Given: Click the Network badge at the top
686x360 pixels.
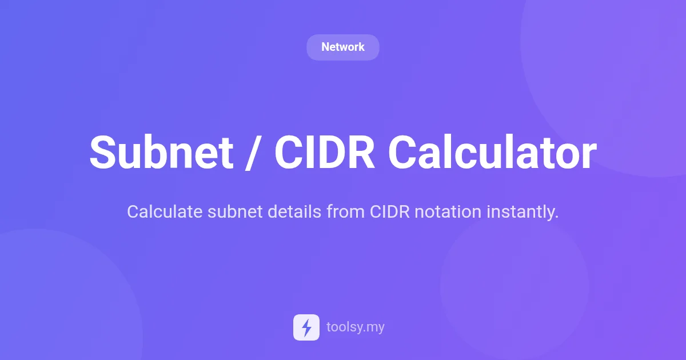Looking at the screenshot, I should click(342, 47).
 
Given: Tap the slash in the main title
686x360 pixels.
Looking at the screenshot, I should click(253, 153).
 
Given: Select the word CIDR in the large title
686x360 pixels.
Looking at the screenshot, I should click(324, 153).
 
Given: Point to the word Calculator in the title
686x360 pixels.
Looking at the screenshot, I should click(492, 153).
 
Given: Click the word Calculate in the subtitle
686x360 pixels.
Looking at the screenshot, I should click(165, 212).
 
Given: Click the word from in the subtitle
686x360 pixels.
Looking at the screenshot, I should click(345, 212).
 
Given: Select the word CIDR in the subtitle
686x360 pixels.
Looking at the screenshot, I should click(389, 212).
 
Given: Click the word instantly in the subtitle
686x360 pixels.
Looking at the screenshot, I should click(521, 212).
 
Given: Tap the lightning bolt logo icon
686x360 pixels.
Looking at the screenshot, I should click(306, 327).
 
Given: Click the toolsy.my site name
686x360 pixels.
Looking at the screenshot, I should click(355, 327).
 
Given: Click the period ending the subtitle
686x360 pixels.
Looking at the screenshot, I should click(556, 217).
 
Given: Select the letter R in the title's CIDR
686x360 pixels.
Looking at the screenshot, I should click(362, 153).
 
